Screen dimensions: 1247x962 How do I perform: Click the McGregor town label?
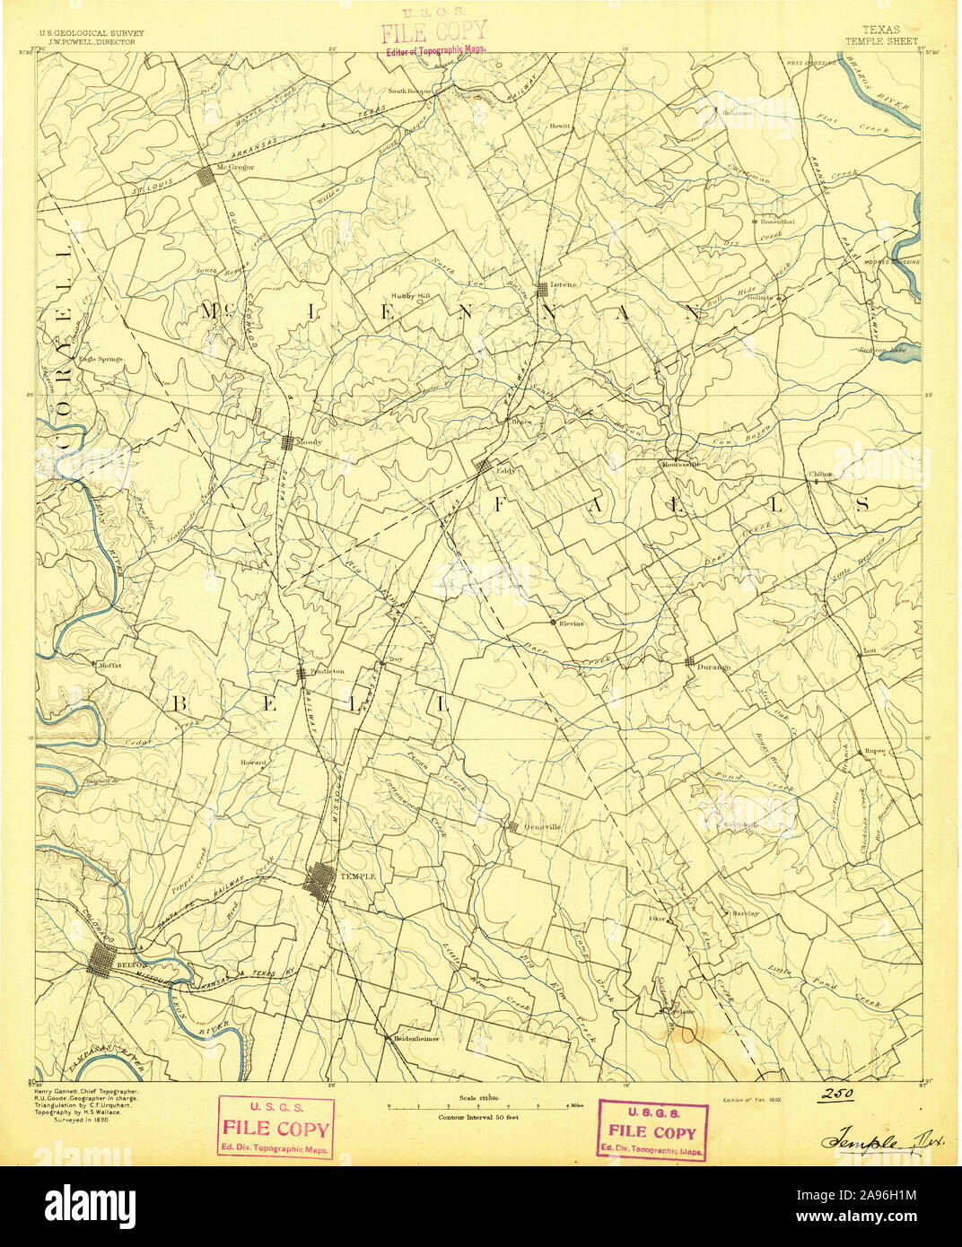[236, 168]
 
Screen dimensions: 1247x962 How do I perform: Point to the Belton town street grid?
[101, 965]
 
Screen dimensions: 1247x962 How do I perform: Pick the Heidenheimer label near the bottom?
[415, 1039]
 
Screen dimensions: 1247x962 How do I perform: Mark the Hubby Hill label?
[410, 295]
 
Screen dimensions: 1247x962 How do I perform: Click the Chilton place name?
[820, 474]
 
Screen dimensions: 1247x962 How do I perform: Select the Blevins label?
[571, 623]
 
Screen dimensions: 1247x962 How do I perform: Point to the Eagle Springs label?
[100, 359]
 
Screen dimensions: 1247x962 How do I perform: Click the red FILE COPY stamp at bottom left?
[275, 1129]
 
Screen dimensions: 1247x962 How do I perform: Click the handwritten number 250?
[835, 1095]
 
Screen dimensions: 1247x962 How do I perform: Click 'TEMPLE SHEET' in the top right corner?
[881, 41]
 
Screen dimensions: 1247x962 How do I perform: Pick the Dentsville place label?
[541, 827]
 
